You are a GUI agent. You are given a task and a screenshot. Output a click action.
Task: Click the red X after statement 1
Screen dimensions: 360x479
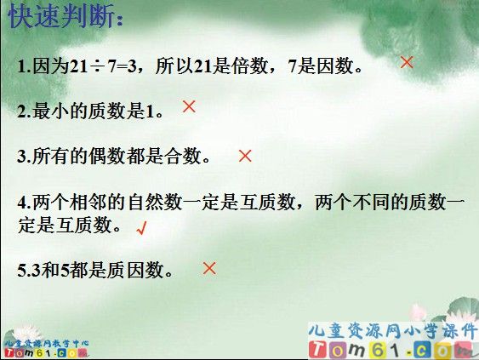(407, 62)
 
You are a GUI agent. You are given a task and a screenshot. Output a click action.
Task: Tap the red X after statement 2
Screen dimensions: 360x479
(189, 106)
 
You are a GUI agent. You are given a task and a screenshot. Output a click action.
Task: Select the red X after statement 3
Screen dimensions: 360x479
(245, 156)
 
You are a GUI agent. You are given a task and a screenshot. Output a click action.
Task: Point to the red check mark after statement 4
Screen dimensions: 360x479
(142, 228)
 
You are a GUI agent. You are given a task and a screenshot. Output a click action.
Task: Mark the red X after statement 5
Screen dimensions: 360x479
(209, 268)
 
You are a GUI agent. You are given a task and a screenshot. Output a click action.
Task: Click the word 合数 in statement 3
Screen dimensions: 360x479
(179, 157)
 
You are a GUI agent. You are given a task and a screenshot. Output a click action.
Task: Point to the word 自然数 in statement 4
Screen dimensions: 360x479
(161, 203)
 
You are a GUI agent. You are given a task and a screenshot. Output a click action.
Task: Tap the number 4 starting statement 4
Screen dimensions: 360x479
(21, 203)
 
